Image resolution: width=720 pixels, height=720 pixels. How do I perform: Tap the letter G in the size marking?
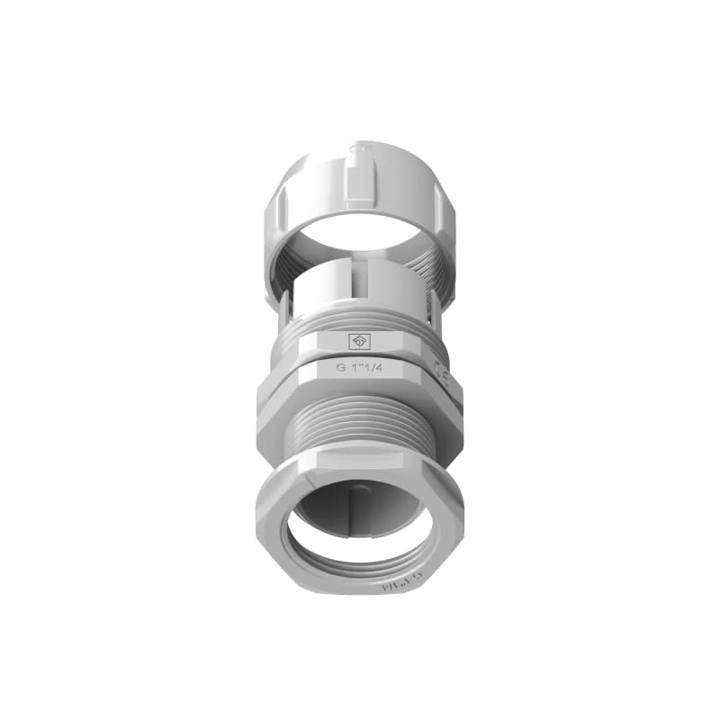[x=341, y=367]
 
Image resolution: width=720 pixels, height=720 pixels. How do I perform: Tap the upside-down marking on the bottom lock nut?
[x=396, y=587]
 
